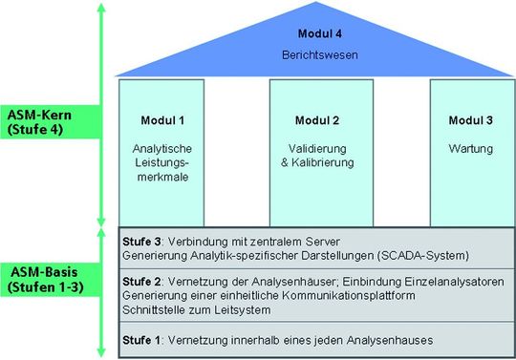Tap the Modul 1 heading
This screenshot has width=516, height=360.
click(x=161, y=120)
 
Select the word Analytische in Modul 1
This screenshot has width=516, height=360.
click(x=161, y=149)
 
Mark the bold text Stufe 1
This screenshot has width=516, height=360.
click(x=141, y=340)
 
